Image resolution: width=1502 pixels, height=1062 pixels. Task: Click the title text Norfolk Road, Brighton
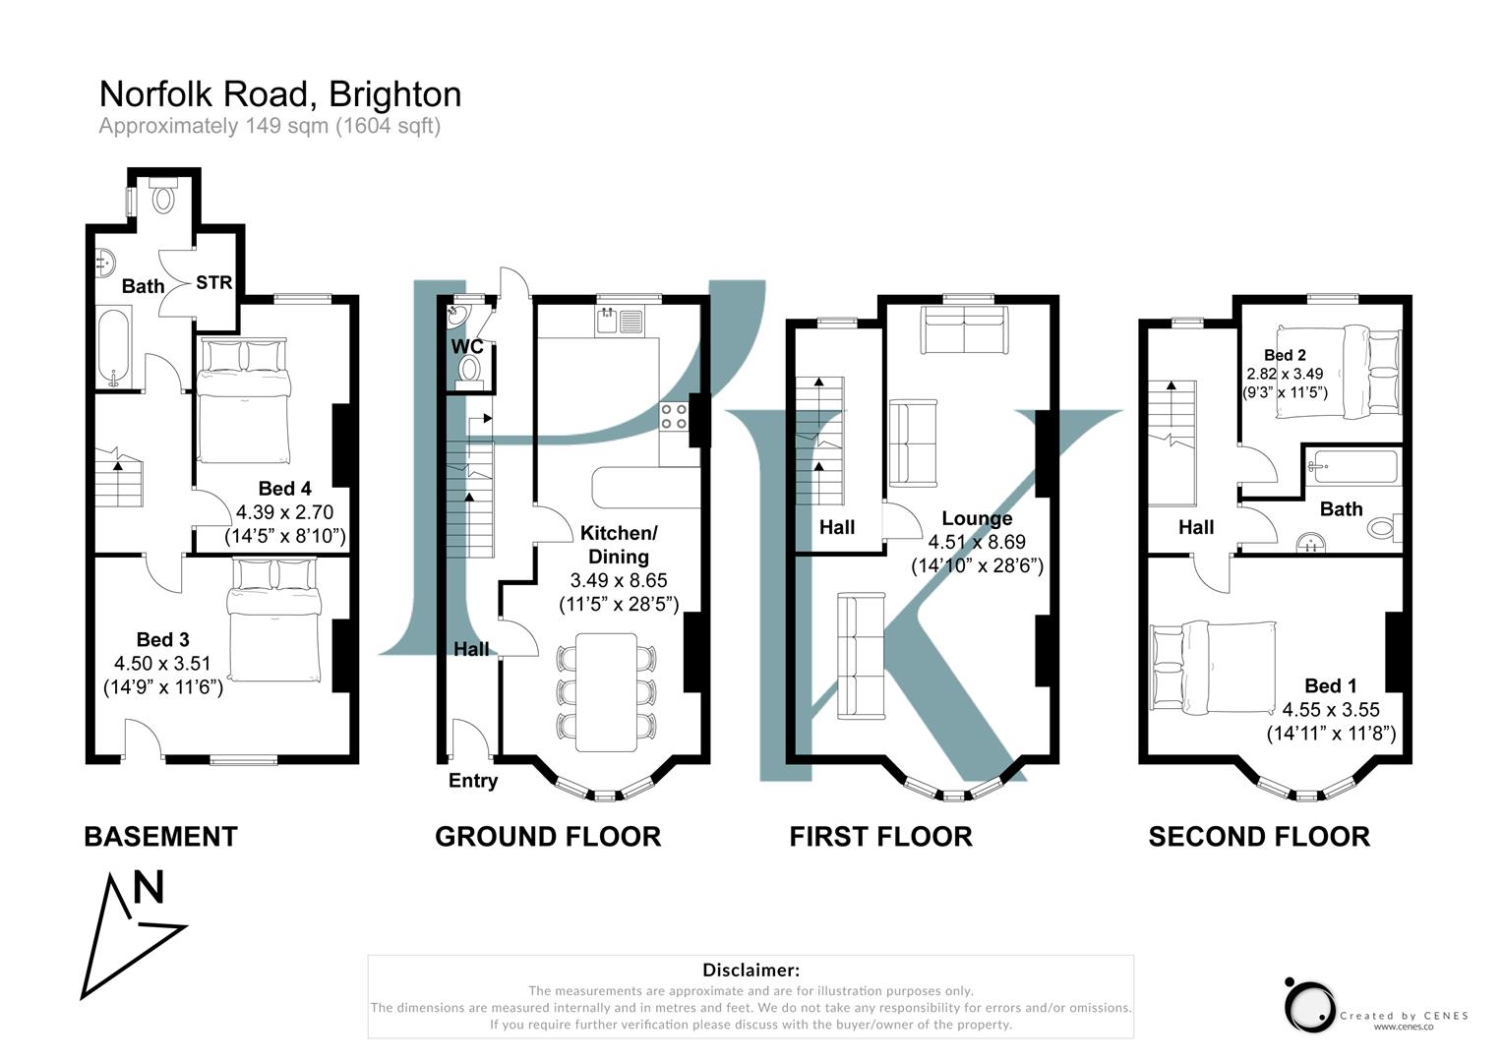pyautogui.click(x=280, y=94)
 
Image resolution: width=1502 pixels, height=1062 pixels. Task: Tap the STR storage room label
pyautogui.click(x=213, y=283)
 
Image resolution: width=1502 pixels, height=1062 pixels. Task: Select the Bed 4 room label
pyautogui.click(x=284, y=489)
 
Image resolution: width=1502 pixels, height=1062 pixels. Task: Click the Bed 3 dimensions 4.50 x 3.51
pyautogui.click(x=163, y=664)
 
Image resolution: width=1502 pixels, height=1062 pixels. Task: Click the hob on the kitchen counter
pyautogui.click(x=674, y=417)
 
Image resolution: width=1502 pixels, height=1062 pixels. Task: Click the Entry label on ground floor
pyautogui.click(x=473, y=781)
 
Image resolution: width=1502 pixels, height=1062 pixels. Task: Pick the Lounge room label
pyautogui.click(x=976, y=518)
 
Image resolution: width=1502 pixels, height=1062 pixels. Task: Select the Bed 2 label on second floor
pyautogui.click(x=1285, y=355)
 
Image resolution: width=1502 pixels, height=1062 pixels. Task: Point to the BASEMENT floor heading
pyautogui.click(x=160, y=837)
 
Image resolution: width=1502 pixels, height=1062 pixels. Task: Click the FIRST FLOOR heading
pyautogui.click(x=880, y=837)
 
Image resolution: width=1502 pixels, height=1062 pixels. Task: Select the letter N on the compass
pyautogui.click(x=149, y=888)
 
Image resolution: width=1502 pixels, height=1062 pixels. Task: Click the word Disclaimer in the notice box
pyautogui.click(x=751, y=971)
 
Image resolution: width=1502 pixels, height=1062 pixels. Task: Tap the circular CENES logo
pyautogui.click(x=1309, y=1006)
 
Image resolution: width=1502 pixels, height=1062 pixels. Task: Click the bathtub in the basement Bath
pyautogui.click(x=114, y=349)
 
